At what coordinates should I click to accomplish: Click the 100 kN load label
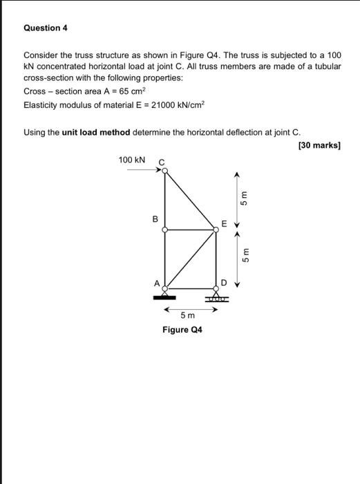point(132,160)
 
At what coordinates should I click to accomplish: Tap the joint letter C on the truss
point(162,163)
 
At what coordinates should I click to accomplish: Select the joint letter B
point(155,220)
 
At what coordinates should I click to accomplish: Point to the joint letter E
point(223,223)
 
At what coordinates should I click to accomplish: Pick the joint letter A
point(156,282)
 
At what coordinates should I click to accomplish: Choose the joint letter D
point(223,282)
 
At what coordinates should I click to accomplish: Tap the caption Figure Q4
point(182,330)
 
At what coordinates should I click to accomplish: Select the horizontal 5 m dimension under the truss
point(187,315)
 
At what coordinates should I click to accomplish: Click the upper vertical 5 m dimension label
point(244,198)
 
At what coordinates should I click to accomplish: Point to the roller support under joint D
point(216,297)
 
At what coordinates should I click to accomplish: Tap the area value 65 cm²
point(132,91)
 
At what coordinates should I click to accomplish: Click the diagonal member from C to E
point(190,201)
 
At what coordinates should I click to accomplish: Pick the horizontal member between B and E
point(190,230)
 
